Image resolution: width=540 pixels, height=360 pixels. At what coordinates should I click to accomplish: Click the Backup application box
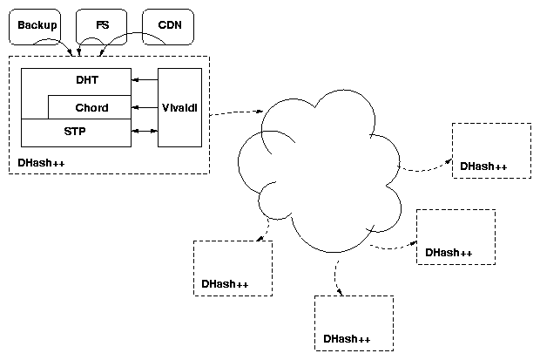[37, 26]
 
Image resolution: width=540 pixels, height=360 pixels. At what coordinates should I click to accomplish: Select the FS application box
[103, 26]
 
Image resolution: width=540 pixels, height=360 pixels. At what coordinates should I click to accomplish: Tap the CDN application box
[168, 26]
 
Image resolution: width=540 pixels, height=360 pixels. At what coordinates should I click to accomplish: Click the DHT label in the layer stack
[87, 79]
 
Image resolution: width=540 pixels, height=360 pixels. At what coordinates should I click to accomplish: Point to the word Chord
[91, 108]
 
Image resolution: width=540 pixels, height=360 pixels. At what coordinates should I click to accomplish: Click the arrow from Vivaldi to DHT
[145, 79]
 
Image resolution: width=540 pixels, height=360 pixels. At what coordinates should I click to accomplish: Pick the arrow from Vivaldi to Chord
[145, 108]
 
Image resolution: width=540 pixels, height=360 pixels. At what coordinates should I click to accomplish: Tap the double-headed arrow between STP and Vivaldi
[145, 132]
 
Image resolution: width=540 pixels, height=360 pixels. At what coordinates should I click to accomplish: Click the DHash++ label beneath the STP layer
[41, 163]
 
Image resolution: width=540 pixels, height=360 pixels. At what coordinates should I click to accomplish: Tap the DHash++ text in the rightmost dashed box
[483, 166]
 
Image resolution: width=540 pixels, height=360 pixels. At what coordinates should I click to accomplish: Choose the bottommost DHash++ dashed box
[354, 323]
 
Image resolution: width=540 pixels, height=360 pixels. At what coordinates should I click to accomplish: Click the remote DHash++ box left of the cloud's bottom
[233, 268]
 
